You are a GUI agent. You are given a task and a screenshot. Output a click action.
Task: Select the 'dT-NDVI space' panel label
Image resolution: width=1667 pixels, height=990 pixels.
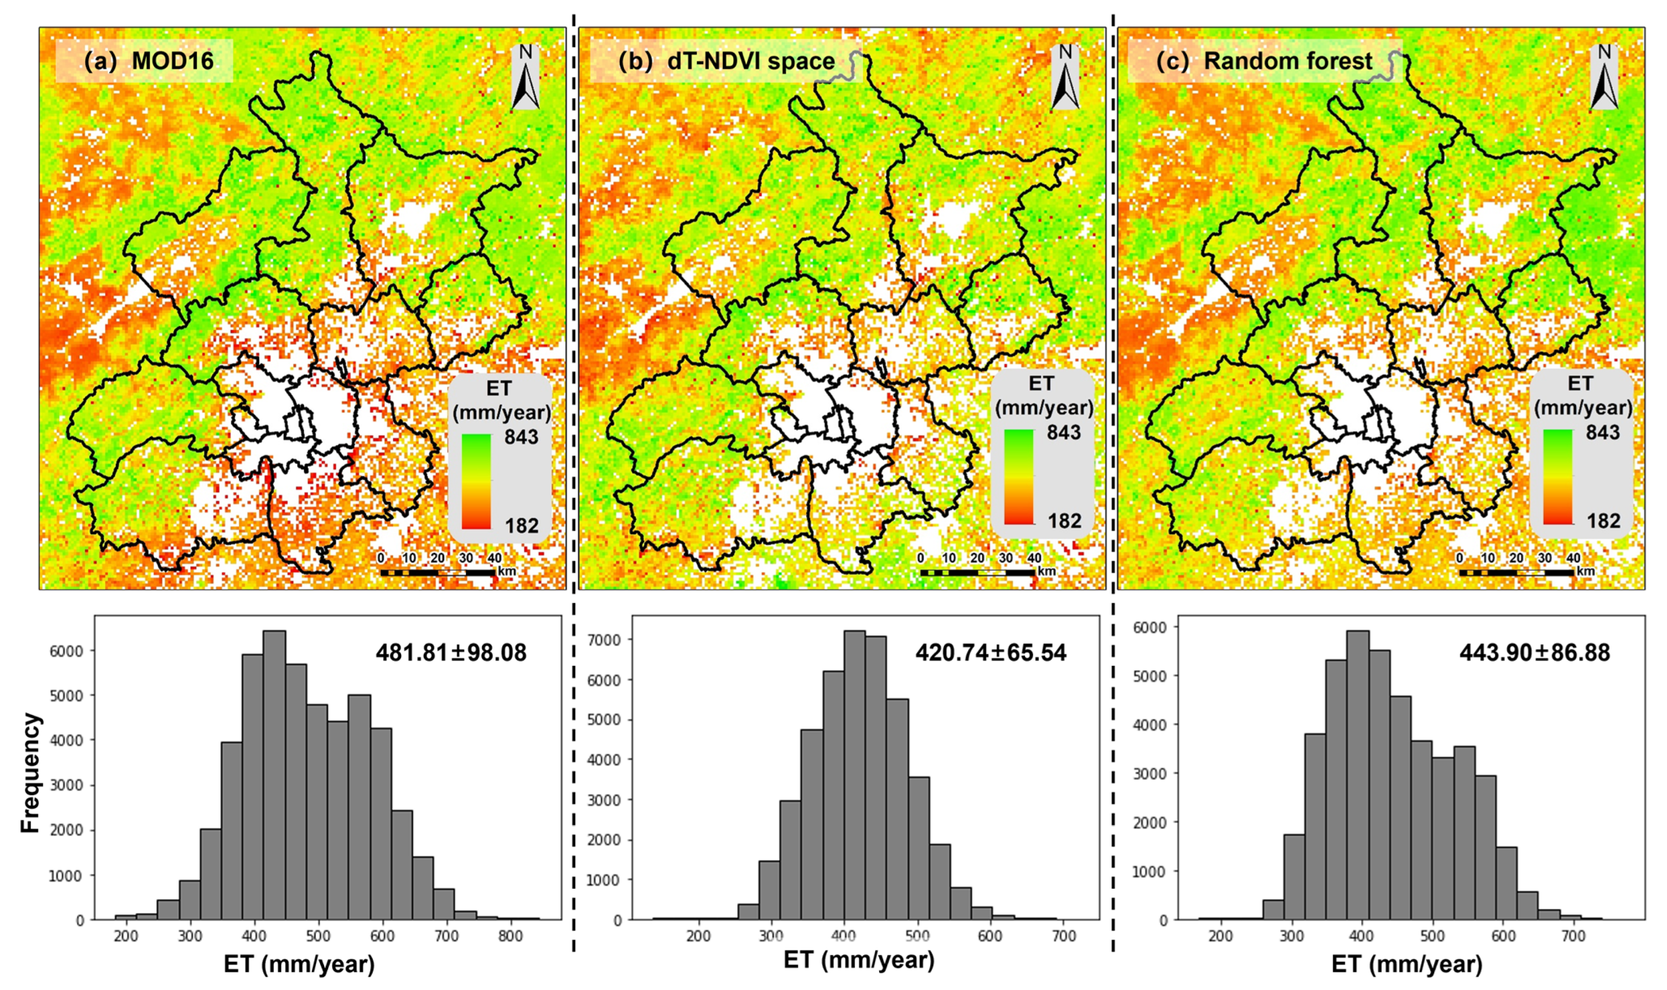tap(727, 61)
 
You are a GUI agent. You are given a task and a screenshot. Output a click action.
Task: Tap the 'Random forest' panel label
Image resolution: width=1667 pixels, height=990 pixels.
tap(1263, 61)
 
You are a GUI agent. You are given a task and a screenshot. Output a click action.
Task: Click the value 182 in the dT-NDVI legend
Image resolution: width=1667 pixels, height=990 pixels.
tap(1064, 521)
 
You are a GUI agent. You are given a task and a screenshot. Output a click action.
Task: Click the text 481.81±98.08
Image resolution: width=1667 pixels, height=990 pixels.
tap(451, 652)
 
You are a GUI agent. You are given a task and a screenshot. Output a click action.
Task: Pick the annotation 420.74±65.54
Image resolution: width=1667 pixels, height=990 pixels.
tap(990, 652)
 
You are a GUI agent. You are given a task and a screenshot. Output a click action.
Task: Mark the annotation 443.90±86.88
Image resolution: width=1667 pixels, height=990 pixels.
tap(1534, 652)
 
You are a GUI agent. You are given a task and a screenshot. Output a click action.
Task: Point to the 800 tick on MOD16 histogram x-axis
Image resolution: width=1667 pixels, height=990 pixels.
tap(510, 936)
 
